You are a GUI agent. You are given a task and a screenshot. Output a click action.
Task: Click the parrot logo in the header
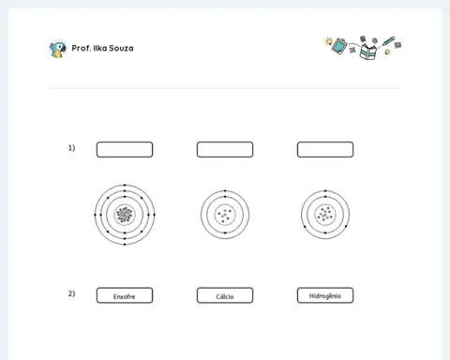tap(58, 49)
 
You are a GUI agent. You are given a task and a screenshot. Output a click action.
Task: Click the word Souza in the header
tap(121, 48)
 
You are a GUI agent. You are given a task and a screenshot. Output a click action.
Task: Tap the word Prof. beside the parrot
tap(82, 48)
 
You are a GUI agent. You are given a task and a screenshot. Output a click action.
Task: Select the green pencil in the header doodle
tap(388, 41)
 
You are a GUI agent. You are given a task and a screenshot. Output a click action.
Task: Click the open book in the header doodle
tap(367, 52)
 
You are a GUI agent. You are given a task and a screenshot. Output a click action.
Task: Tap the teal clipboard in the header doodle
tap(339, 46)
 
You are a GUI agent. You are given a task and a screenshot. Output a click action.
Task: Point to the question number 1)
tap(71, 148)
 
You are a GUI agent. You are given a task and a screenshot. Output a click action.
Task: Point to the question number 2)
tap(71, 293)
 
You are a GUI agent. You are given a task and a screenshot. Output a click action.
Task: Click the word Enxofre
tap(124, 296)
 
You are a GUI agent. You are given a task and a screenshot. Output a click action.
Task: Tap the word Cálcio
tap(225, 296)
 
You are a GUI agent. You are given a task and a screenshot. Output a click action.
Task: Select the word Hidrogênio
tap(325, 296)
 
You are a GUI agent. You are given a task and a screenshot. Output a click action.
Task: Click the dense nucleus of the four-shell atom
tap(125, 215)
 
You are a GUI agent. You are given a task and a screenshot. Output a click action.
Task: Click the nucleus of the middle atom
tap(225, 215)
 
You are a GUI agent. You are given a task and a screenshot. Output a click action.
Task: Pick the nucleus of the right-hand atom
tap(325, 215)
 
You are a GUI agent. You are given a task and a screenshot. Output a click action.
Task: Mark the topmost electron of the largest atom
tap(125, 185)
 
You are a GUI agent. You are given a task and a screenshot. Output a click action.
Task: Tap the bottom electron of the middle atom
tap(225, 232)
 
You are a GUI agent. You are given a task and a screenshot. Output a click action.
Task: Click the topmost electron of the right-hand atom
tap(325, 190)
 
